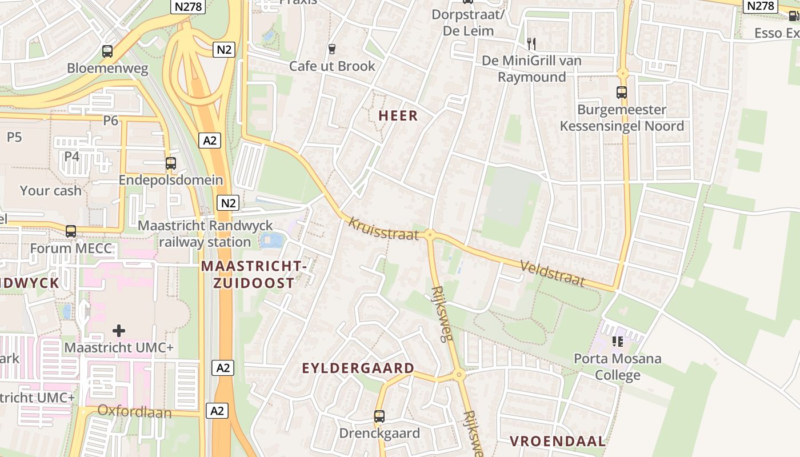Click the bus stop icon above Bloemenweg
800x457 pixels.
tap(107, 51)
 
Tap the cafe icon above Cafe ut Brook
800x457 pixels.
tap(331, 49)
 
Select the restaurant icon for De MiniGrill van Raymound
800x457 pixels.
tap(531, 43)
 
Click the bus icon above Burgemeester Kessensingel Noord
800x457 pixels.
tap(622, 92)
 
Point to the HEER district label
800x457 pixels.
tap(398, 116)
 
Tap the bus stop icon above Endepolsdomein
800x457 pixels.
tap(170, 163)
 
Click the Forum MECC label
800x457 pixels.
tap(71, 248)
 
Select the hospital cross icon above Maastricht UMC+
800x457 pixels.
tap(119, 331)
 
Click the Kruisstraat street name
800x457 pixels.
tap(383, 228)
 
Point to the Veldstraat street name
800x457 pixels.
tap(553, 273)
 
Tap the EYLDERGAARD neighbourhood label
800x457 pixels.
tap(358, 368)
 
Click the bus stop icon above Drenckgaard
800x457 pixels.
tap(379, 416)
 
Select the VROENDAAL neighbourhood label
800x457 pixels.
tap(557, 441)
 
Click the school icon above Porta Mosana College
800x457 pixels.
tap(617, 342)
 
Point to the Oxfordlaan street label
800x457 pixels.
tap(134, 411)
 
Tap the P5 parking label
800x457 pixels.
tap(14, 137)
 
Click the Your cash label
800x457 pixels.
tap(51, 191)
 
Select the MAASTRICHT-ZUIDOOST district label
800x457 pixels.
tap(254, 274)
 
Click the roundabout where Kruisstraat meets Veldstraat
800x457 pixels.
tap(430, 234)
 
